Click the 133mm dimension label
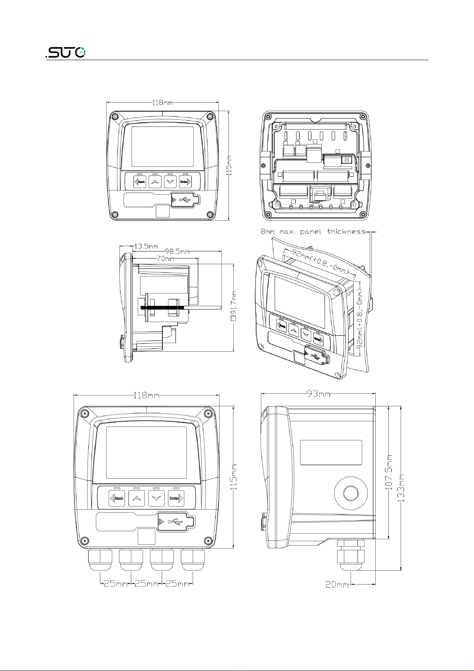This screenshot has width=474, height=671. (402, 488)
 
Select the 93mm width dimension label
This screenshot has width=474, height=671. (318, 394)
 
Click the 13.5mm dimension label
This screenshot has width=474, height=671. (146, 246)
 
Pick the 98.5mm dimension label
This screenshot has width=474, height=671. (177, 252)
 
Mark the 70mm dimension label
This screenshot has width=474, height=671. (165, 258)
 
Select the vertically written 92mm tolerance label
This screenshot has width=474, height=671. (361, 315)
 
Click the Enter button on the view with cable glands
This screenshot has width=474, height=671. (176, 499)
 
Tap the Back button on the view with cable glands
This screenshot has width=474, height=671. (117, 499)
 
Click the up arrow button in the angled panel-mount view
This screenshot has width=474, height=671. (295, 331)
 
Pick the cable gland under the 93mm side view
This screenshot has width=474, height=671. (351, 556)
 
